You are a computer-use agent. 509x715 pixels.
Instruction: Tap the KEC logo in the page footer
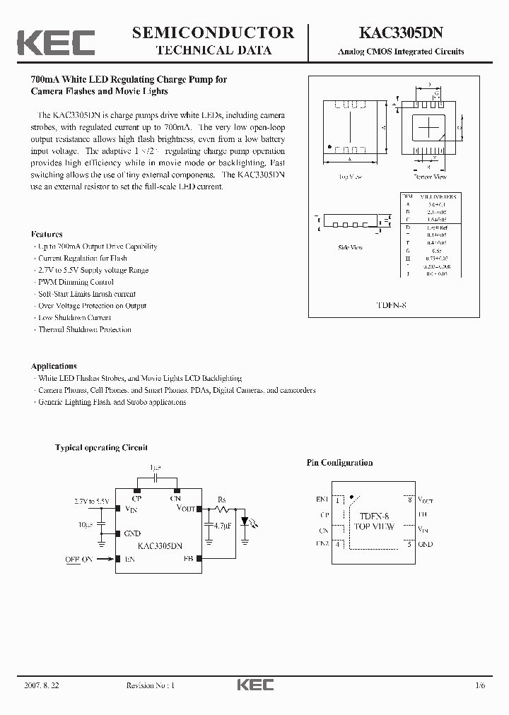tap(254, 685)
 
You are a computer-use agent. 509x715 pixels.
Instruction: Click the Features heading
tap(47, 234)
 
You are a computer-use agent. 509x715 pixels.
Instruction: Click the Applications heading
tap(54, 366)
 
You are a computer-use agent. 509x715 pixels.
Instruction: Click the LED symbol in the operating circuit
tap(245, 521)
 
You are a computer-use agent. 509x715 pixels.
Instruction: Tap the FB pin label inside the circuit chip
tap(187, 558)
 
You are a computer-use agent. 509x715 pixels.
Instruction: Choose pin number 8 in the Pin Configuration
tap(408, 500)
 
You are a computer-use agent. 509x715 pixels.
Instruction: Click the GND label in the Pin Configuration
tap(426, 544)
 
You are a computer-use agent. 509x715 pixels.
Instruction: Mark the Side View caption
tap(351, 247)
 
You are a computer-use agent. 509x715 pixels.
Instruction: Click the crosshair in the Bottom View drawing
tap(430, 128)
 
